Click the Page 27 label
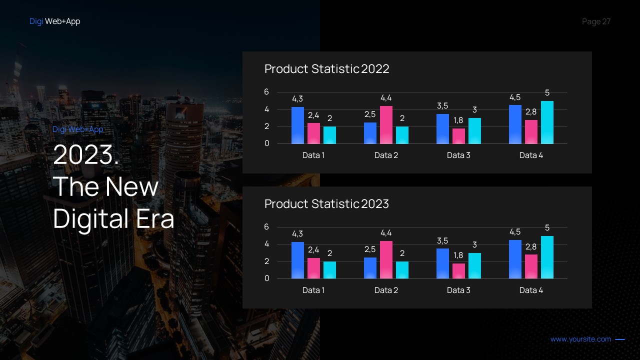[596, 21]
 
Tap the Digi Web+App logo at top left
[54, 21]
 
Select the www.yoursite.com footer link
[580, 339]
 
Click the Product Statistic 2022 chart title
[326, 69]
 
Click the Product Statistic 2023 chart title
[326, 204]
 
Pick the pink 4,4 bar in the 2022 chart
[386, 125]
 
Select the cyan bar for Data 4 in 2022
[547, 122]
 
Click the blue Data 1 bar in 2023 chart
[297, 260]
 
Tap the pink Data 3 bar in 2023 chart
[458, 271]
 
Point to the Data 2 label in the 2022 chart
[386, 155]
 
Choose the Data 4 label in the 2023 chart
[531, 290]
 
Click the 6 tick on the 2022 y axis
[266, 92]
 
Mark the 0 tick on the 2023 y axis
[266, 278]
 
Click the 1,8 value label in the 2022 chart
[458, 120]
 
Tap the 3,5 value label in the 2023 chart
[442, 240]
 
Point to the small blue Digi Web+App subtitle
[77, 129]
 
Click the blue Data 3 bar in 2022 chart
[442, 129]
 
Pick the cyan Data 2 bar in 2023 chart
[402, 270]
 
